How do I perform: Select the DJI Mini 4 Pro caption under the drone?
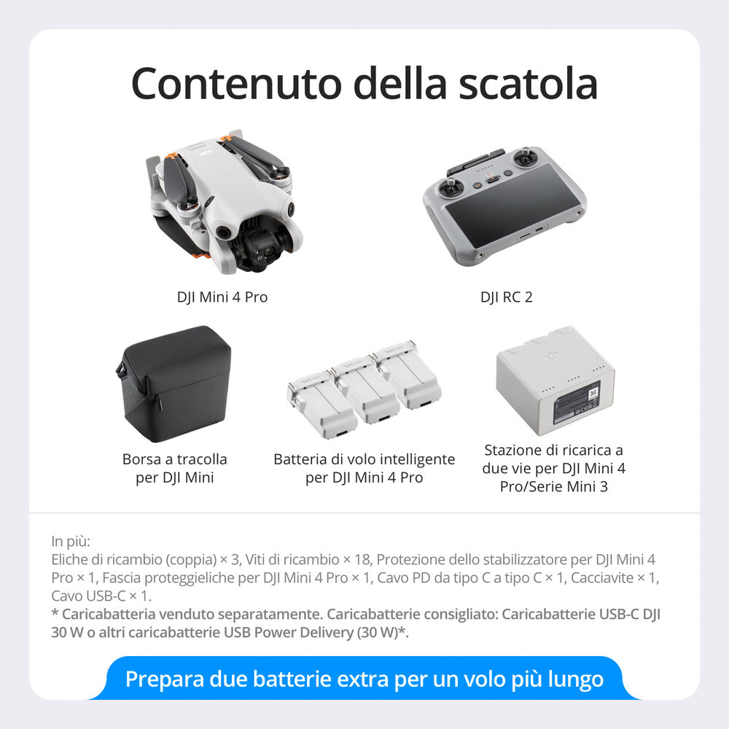pos(222,297)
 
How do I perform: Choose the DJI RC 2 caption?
pos(506,297)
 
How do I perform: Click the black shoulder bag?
pos(175,382)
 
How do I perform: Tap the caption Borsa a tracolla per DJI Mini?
pos(175,469)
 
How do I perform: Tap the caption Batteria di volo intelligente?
pos(364,459)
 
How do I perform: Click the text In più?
pos(71,542)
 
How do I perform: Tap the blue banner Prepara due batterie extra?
pos(364,679)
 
